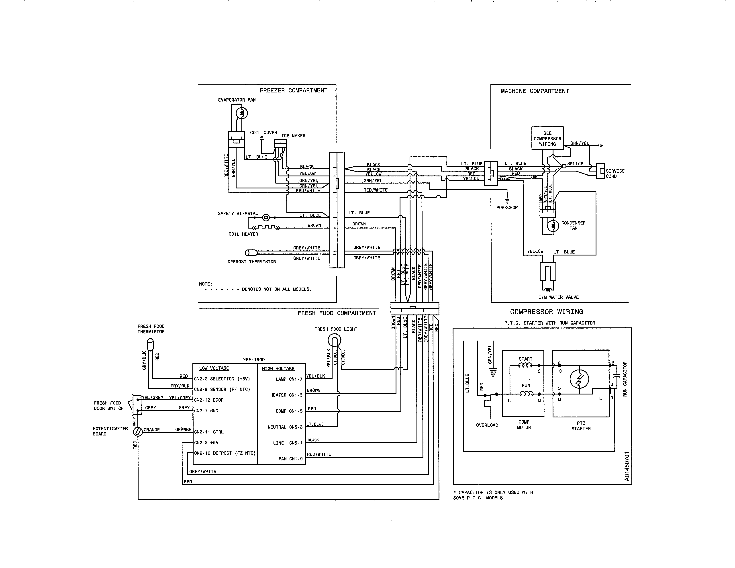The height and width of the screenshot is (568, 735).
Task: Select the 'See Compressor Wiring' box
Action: [547, 138]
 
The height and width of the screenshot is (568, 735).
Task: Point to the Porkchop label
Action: [507, 208]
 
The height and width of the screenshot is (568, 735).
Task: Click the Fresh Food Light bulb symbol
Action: [335, 341]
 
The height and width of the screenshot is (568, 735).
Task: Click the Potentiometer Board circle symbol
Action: [138, 431]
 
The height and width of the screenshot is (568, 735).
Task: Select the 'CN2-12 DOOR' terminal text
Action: [209, 400]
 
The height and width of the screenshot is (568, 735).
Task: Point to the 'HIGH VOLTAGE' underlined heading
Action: [278, 368]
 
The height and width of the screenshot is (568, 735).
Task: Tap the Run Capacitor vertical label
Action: [625, 379]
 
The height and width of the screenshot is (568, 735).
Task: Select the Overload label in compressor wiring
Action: [487, 425]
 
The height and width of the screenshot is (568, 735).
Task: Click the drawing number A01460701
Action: [627, 466]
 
